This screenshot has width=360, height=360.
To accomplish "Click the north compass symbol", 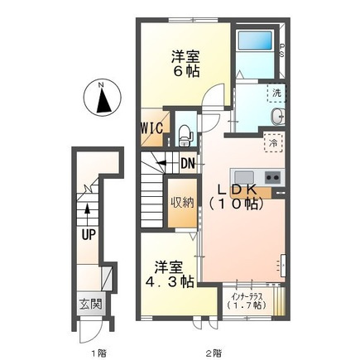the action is (102, 98).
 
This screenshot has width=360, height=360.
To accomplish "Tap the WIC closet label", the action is (151, 128).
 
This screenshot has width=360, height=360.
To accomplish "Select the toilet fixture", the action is (185, 135).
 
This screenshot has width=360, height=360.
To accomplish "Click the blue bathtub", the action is (255, 41).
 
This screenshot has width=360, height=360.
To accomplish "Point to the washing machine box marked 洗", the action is (276, 93).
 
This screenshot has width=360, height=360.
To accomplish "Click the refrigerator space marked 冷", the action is (274, 142).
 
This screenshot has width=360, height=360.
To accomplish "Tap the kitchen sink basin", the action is (244, 177).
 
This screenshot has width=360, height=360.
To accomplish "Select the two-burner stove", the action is (273, 177).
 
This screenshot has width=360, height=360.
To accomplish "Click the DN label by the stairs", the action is (188, 164).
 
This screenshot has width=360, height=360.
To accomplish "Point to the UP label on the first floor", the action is (89, 235).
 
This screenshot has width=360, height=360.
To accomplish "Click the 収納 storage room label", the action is (182, 203).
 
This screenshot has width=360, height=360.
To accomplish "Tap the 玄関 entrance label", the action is (91, 305).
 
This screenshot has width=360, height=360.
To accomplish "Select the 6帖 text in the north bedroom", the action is (186, 72).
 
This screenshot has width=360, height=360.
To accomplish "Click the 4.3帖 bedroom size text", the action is (170, 281).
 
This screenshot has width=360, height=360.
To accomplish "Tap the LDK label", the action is (238, 190).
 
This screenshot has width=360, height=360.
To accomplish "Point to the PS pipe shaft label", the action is (282, 50).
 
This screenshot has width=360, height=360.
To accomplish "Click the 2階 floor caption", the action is (214, 352).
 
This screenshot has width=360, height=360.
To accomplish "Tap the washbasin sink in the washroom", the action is (277, 116).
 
